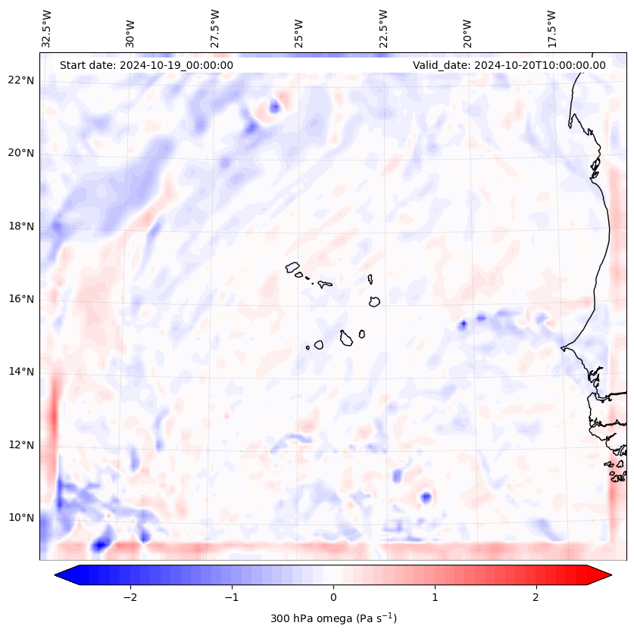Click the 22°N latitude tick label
(20, 81)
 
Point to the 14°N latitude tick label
(20, 372)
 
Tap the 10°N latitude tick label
(20, 518)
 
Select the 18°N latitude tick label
(20, 226)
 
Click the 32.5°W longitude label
(47, 28)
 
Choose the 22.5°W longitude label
(383, 28)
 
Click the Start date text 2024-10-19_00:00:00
(146, 65)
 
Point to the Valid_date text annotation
(509, 65)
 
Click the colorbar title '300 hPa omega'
(333, 618)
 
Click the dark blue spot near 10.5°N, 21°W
(426, 497)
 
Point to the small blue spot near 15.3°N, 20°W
(463, 325)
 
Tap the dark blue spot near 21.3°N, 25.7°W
(274, 107)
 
